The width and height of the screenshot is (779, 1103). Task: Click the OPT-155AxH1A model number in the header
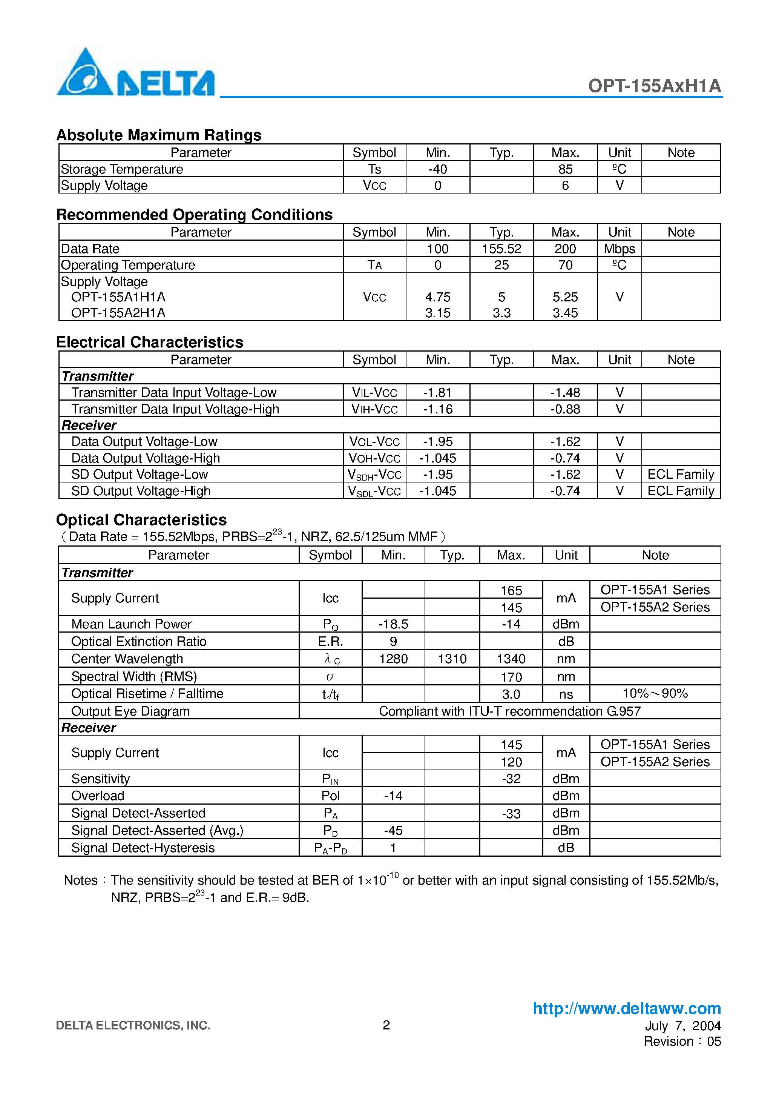pyautogui.click(x=654, y=86)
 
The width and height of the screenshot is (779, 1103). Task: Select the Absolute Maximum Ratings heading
pyautogui.click(x=158, y=135)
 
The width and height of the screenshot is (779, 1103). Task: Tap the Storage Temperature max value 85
pyautogui.click(x=565, y=169)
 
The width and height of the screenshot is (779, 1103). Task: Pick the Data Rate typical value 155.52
pyautogui.click(x=501, y=249)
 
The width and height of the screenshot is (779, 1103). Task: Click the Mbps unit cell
pyautogui.click(x=619, y=249)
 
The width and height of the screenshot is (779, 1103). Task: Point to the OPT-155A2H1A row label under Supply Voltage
pyautogui.click(x=118, y=313)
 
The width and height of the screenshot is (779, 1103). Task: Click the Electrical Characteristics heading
pyautogui.click(x=149, y=342)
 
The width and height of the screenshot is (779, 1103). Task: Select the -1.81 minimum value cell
pyautogui.click(x=437, y=392)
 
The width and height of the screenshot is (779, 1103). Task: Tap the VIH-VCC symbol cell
pyautogui.click(x=375, y=409)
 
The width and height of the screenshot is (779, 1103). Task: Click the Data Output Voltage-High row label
pyautogui.click(x=146, y=458)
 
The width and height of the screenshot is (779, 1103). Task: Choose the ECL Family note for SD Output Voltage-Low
pyautogui.click(x=681, y=475)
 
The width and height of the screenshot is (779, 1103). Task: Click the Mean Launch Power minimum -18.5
pyautogui.click(x=393, y=624)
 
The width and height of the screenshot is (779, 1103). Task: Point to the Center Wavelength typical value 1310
pyautogui.click(x=452, y=659)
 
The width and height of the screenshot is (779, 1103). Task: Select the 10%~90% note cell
pyautogui.click(x=655, y=694)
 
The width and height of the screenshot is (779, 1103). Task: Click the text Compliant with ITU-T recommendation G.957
pyautogui.click(x=509, y=711)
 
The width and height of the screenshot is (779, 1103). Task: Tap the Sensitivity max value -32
pyautogui.click(x=511, y=779)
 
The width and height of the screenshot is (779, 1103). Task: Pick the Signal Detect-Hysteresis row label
pyautogui.click(x=143, y=848)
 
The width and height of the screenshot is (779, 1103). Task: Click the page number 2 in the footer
pyautogui.click(x=386, y=1025)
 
